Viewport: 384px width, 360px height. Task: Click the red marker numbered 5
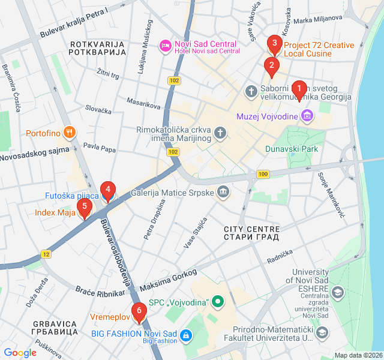85,208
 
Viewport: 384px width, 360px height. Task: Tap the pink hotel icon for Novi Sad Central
164,46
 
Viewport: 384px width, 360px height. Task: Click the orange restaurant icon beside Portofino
70,133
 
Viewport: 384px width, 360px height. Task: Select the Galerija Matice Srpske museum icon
223,191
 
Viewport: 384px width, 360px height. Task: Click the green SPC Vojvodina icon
217,301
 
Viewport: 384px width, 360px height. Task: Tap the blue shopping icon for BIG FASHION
186,334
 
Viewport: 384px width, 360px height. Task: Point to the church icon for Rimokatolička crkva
221,133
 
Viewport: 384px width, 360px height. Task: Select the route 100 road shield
262,174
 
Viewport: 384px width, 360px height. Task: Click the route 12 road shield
46,254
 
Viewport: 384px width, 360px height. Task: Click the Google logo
20,353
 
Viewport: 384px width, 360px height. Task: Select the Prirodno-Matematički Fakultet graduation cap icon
322,332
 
